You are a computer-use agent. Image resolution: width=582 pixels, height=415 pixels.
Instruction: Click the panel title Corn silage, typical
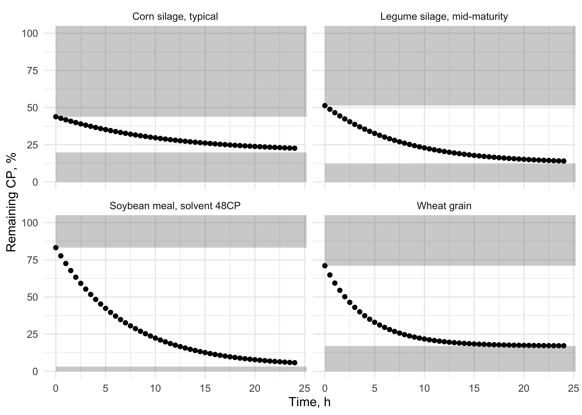(x=175, y=17)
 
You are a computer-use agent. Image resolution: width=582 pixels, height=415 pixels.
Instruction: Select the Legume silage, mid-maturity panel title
(x=444, y=17)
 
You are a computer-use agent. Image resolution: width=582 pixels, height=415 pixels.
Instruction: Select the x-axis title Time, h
(x=309, y=402)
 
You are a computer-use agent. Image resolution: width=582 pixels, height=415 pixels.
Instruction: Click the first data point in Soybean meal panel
(x=56, y=248)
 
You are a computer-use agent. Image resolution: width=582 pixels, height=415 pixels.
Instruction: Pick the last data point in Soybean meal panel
(x=295, y=363)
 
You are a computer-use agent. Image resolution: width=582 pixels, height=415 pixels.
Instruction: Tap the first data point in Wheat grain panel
(x=325, y=266)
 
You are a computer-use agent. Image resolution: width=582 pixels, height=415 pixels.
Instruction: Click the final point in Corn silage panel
(x=295, y=148)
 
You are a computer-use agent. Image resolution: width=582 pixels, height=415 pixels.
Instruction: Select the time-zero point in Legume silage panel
(x=325, y=106)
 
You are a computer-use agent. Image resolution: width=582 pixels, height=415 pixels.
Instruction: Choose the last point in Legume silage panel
(x=564, y=161)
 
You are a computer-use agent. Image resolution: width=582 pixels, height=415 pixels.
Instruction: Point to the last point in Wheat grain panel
(x=564, y=346)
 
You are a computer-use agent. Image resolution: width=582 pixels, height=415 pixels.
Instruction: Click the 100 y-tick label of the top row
(x=30, y=33)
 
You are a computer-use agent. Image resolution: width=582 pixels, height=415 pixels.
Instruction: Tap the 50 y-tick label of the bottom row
(x=32, y=297)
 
